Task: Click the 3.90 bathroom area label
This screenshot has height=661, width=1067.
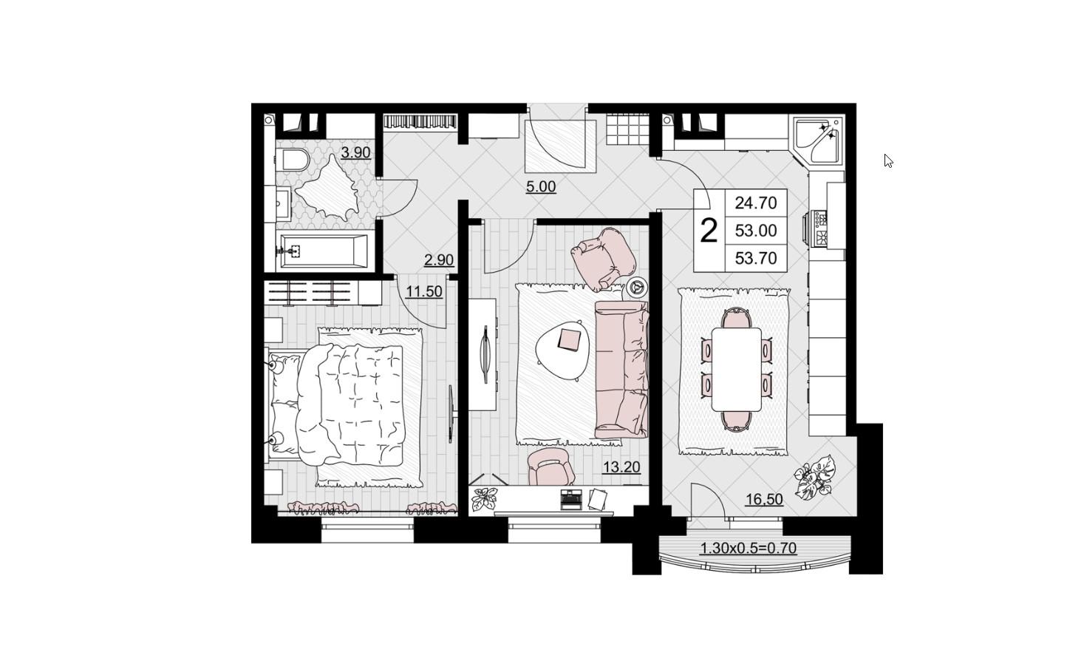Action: (x=356, y=153)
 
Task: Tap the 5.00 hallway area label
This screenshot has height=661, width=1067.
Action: (x=541, y=187)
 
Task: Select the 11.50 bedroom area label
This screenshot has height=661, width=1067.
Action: (x=424, y=291)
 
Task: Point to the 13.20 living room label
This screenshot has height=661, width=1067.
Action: (x=621, y=467)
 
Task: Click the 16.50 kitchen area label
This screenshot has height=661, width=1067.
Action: (x=764, y=499)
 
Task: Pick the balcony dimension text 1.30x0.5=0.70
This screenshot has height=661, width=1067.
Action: (x=749, y=549)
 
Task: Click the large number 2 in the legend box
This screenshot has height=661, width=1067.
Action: (x=709, y=231)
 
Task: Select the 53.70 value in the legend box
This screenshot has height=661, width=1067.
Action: (x=756, y=258)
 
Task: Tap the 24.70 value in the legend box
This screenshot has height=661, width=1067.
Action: (x=756, y=203)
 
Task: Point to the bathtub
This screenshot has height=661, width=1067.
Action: (x=324, y=251)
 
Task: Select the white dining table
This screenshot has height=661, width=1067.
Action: (x=737, y=370)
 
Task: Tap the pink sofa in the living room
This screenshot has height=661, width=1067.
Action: (x=621, y=370)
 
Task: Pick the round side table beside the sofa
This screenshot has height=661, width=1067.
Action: (x=637, y=288)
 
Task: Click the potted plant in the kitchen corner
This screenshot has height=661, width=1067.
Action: (x=815, y=477)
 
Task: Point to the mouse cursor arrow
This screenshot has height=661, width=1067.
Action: (x=888, y=161)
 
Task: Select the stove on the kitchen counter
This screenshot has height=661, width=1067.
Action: (x=821, y=228)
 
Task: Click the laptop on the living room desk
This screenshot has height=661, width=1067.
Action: (x=571, y=499)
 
